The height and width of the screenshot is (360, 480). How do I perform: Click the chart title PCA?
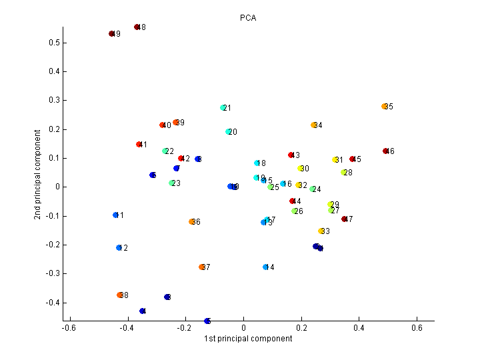point(247,18)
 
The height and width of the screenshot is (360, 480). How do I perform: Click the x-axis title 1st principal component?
point(247,339)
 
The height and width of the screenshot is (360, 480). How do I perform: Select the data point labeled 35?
point(385,107)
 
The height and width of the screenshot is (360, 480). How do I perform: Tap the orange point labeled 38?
point(120,295)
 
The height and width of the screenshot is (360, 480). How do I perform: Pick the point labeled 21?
point(223,108)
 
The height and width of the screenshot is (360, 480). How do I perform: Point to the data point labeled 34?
point(314,125)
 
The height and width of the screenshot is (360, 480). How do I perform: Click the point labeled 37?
point(202,267)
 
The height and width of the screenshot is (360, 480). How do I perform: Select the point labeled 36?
point(192,222)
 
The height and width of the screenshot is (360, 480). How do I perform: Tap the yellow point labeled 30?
point(301,169)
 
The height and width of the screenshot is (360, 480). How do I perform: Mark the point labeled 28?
point(344,173)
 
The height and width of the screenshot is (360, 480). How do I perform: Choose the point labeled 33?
point(321,231)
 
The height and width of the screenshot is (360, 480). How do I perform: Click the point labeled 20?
point(229,132)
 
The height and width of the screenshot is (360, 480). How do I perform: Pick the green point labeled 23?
point(172,183)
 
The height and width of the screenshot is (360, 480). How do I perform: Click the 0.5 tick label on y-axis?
point(53,43)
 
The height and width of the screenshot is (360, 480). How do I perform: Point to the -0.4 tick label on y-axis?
point(51,303)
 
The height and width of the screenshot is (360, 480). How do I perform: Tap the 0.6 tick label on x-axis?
point(417,328)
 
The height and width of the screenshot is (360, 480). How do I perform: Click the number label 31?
point(339,160)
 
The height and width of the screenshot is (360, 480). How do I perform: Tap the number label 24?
point(317,189)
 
